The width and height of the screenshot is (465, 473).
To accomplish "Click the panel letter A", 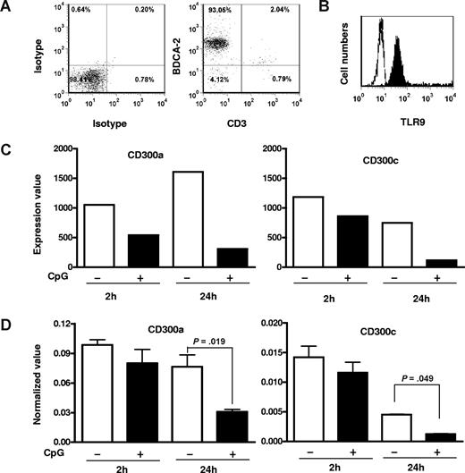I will coord(7,8).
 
